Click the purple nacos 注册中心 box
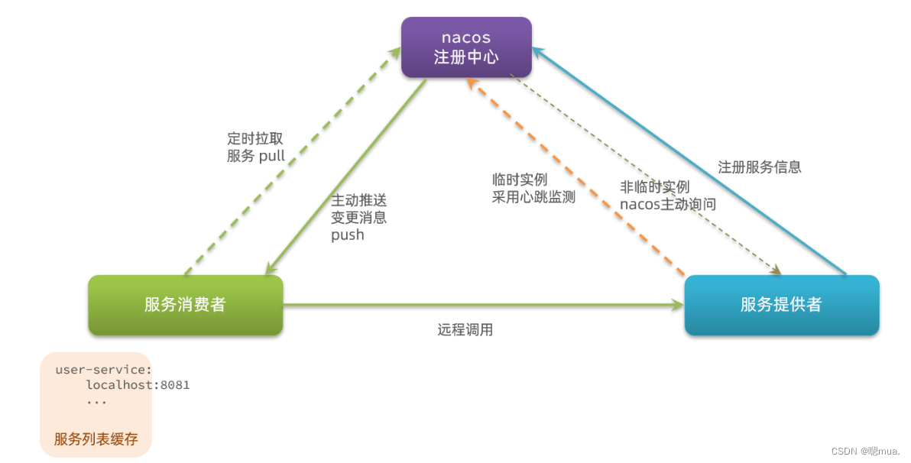(x=466, y=47)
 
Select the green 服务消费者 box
(x=186, y=305)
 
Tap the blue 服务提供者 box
(x=781, y=305)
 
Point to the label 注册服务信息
(x=760, y=167)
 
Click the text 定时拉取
(x=255, y=139)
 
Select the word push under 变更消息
(x=348, y=235)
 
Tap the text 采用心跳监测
(x=534, y=196)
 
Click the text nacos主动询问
(x=668, y=204)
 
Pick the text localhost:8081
(x=138, y=385)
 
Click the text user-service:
(x=104, y=370)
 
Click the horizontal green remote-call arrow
(x=481, y=306)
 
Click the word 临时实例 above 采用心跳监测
(x=520, y=180)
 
